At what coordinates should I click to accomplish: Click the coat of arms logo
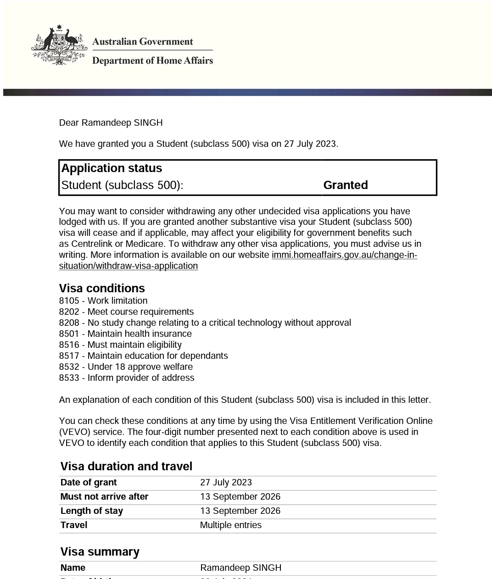click(59, 45)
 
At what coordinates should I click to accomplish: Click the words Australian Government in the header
click(142, 42)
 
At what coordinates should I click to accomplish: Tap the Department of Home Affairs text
click(152, 61)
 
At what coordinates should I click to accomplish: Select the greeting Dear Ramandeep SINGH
click(111, 122)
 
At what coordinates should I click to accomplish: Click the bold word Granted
click(345, 185)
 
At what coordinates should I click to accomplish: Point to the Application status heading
click(112, 168)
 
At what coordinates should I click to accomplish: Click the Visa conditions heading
click(102, 288)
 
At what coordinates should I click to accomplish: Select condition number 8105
click(69, 301)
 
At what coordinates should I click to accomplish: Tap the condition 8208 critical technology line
click(205, 323)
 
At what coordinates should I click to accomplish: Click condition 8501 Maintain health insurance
click(125, 334)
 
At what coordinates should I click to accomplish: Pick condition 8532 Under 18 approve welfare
click(126, 367)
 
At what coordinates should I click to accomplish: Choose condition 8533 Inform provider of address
click(127, 378)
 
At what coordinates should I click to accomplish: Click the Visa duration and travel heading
click(126, 466)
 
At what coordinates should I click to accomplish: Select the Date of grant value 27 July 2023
click(226, 483)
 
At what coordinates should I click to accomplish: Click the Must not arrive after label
click(104, 497)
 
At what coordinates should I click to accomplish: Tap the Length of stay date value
click(240, 511)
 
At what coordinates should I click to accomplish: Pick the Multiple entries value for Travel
click(230, 525)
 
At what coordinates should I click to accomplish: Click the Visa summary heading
click(100, 551)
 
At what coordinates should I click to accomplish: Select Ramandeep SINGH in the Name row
click(240, 568)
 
